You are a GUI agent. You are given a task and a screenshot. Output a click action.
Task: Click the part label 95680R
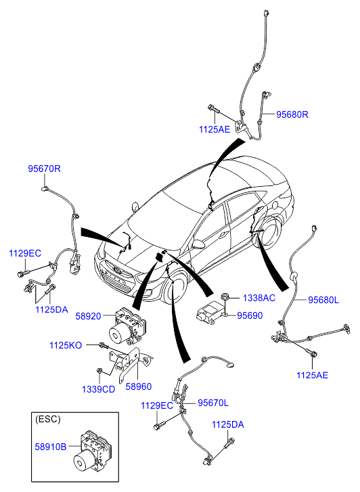[292, 114]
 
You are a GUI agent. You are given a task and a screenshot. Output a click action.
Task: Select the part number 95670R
[44, 169]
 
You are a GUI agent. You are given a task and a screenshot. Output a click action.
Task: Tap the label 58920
[88, 316]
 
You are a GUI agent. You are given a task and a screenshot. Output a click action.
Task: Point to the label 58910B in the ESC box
[51, 447]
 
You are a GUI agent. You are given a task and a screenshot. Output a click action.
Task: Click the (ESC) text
[48, 419]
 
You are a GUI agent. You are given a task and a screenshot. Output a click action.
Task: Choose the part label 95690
[250, 315]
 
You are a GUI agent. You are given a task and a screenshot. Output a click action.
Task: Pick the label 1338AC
[259, 298]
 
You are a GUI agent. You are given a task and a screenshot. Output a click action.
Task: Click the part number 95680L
[323, 300]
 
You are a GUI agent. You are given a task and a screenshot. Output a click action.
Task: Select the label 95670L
[213, 403]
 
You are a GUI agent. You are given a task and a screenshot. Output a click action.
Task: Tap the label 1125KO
[66, 345]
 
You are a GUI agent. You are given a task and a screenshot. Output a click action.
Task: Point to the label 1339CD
[99, 389]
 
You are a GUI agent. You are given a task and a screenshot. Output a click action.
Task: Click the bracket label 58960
[139, 386]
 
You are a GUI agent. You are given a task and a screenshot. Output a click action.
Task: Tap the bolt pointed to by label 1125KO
[104, 346]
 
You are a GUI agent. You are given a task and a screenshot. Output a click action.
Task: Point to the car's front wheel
[174, 287]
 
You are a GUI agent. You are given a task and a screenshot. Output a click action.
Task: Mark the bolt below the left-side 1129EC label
[23, 273]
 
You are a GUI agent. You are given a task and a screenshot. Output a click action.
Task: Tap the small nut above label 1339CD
[99, 371]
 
